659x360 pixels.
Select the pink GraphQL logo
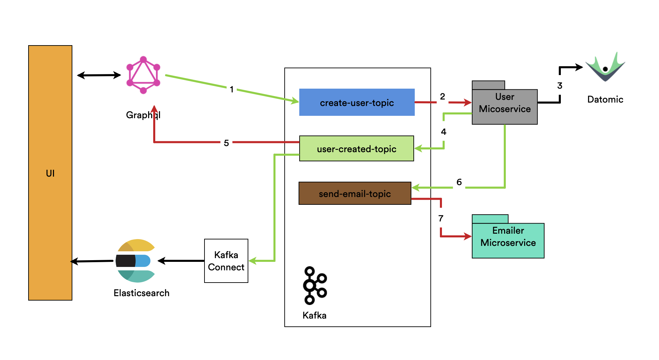143,75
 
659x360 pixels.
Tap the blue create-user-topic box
357,102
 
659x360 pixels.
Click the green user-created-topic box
356,149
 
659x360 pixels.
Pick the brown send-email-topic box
355,194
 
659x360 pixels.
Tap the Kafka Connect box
226,261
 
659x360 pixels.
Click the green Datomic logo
605,68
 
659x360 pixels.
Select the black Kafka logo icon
315,285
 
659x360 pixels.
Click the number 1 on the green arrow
231,89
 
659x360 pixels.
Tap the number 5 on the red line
226,143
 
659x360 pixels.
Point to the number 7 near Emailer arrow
441,218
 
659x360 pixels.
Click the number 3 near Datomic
559,86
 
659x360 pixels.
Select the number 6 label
459,182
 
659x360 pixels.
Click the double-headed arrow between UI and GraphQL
99,75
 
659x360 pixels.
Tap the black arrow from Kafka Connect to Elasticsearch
181,261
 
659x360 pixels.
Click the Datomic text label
605,100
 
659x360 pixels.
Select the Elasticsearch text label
141,293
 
